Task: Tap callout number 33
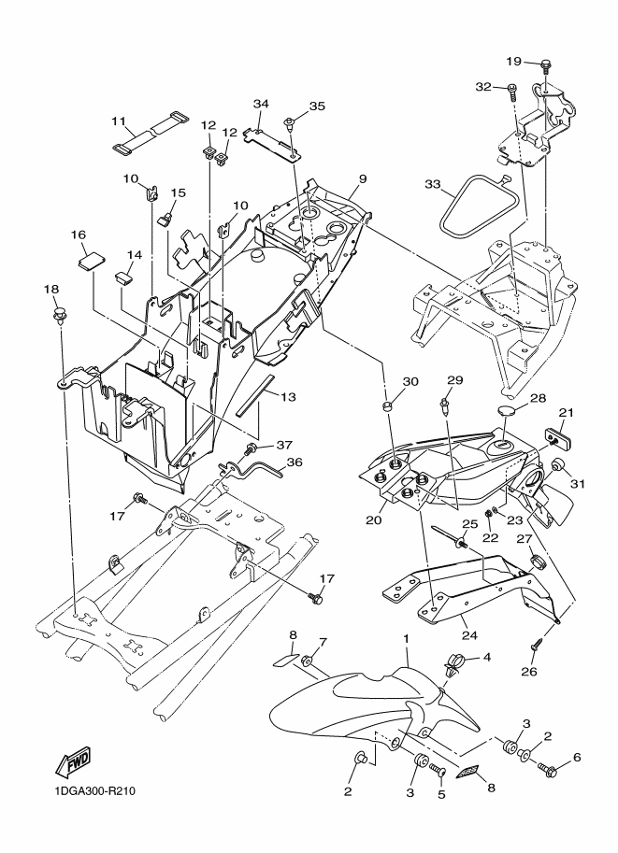coord(433,184)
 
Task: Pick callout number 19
coord(513,61)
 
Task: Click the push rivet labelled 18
coord(59,316)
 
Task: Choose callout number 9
coord(363,178)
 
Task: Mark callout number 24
coord(469,635)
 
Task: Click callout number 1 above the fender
coord(405,638)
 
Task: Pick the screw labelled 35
coord(290,123)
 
